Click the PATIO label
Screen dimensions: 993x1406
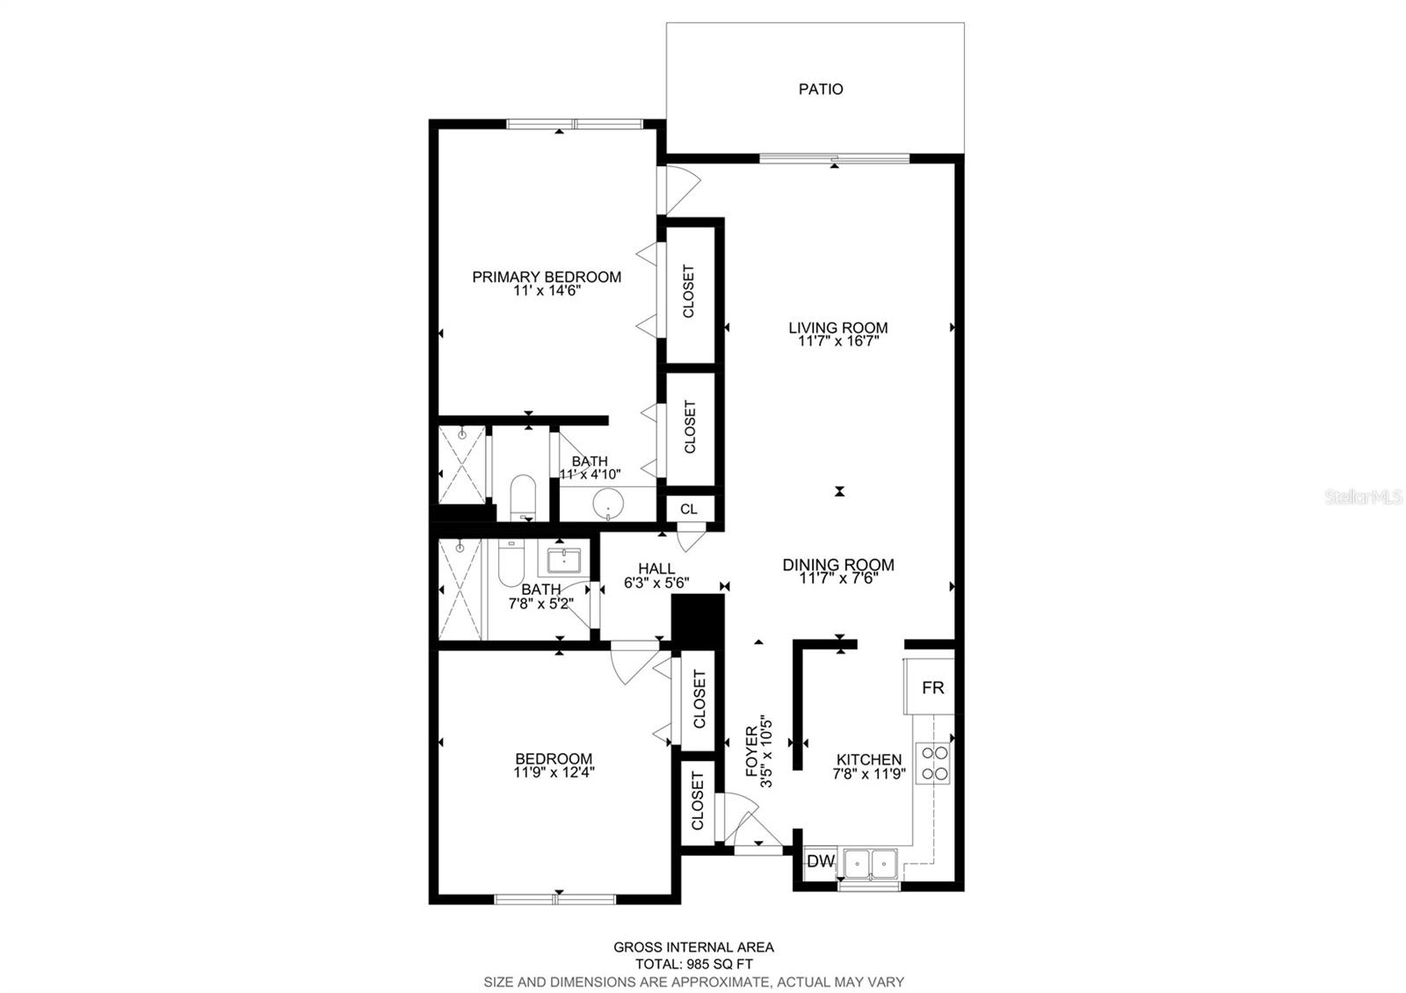(x=821, y=89)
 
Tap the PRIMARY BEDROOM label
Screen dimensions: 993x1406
(x=546, y=277)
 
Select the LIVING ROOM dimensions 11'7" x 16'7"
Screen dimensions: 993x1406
(x=838, y=342)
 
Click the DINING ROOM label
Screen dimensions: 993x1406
(x=838, y=565)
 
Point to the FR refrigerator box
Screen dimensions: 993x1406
(x=932, y=687)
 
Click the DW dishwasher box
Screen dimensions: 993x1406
(x=820, y=861)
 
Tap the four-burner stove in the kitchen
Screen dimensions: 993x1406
(x=932, y=762)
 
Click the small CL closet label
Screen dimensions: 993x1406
(x=689, y=509)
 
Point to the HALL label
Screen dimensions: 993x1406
(x=656, y=569)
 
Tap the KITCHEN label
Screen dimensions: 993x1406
(x=868, y=759)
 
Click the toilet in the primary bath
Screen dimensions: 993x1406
(x=522, y=496)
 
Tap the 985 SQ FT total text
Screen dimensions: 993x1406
(x=693, y=964)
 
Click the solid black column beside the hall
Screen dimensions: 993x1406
(x=696, y=620)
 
